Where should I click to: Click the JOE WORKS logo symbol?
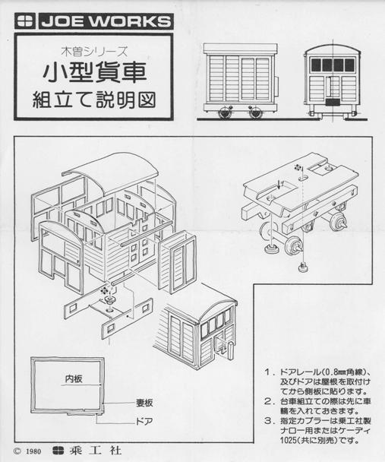tap(26, 21)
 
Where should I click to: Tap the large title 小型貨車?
tap(94, 73)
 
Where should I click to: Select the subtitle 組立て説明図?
tap(93, 100)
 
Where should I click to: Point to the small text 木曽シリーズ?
tap(94, 52)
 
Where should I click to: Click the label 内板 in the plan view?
tap(74, 378)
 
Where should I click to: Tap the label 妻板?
tap(144, 403)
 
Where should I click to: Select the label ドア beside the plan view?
tap(144, 421)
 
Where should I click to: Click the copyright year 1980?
tap(33, 451)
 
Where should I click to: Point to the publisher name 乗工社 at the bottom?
tap(95, 451)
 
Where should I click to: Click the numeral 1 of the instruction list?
tap(267, 372)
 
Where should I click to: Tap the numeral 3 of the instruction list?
tap(267, 421)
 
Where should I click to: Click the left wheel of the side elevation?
tap(225, 112)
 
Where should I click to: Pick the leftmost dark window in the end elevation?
tap(316, 65)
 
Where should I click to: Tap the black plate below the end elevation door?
tap(333, 103)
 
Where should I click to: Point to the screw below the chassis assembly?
tap(301, 267)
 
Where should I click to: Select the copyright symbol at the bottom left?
tap(17, 451)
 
